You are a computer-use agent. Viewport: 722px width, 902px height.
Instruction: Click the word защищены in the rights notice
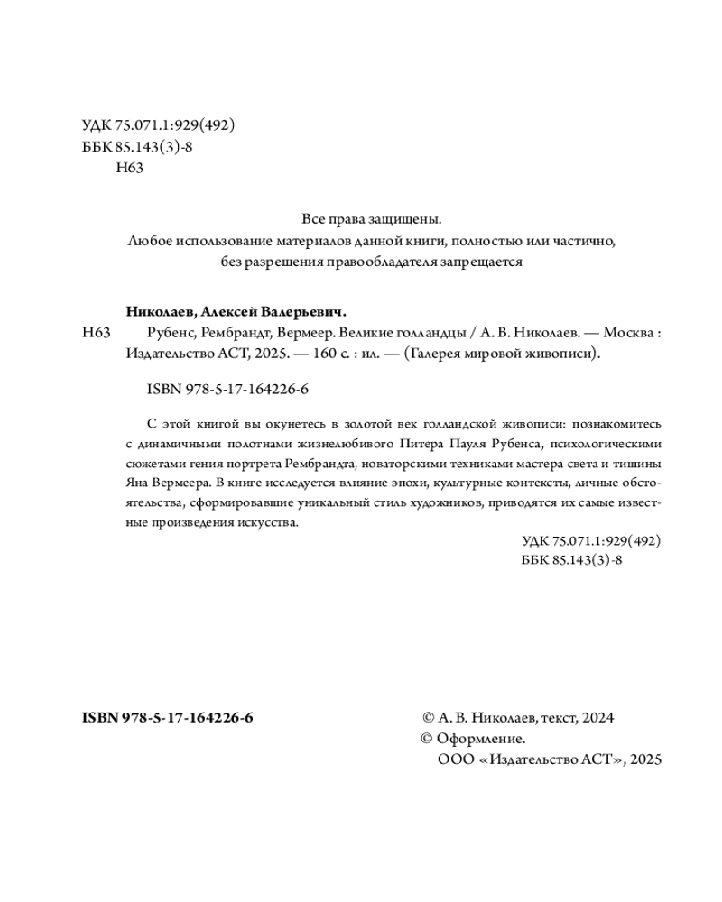coord(411,218)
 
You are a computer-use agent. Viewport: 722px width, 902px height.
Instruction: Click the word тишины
coord(642,464)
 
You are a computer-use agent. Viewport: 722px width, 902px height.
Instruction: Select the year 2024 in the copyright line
coord(597,718)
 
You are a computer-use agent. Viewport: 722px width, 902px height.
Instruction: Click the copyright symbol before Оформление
coord(428,740)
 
